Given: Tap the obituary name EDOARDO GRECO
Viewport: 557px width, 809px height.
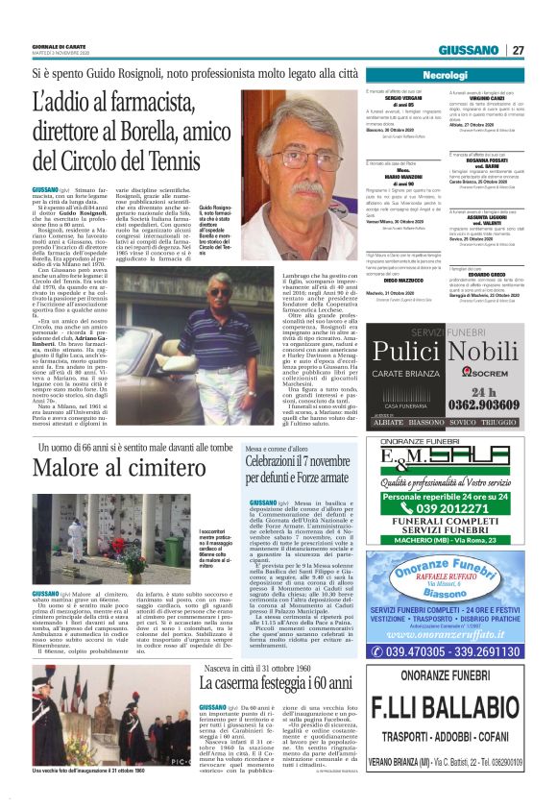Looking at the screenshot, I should tap(472, 275).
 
